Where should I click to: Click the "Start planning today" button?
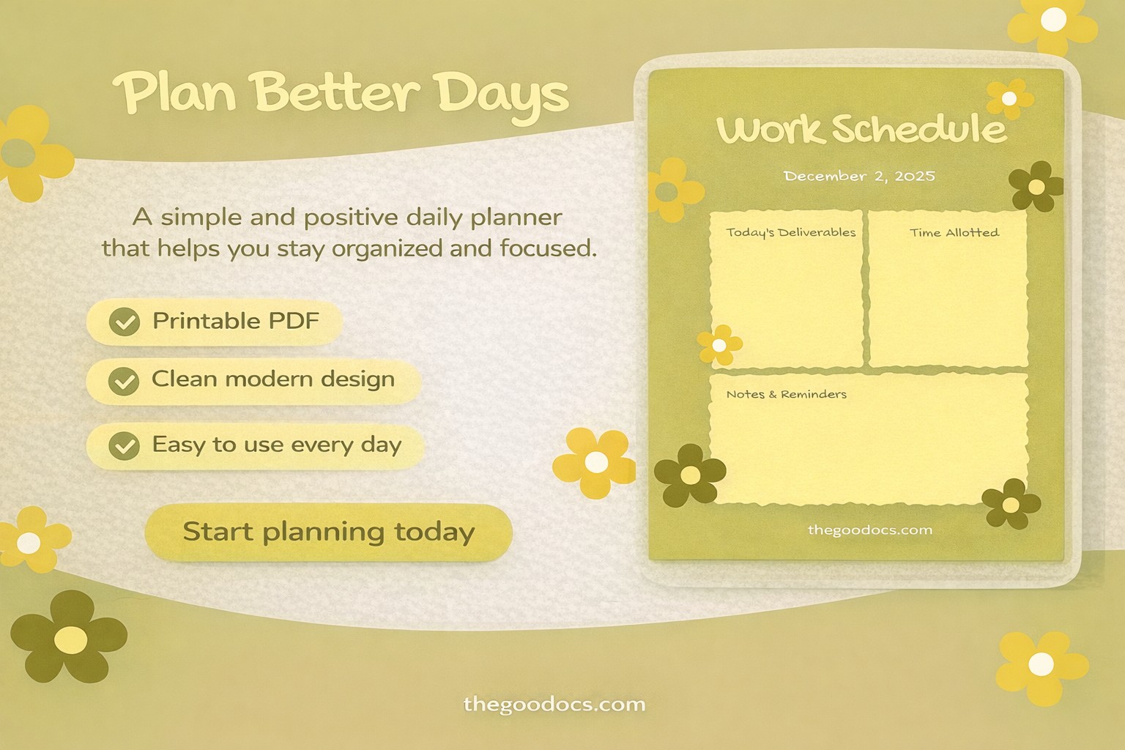328,532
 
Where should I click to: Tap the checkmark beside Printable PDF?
125,322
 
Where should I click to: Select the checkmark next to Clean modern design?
124,381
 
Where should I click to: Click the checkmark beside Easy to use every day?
124,445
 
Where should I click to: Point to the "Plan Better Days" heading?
341,94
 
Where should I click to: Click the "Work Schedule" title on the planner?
861,130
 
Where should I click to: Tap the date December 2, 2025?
859,176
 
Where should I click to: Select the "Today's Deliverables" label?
790,232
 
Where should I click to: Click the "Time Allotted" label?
954,232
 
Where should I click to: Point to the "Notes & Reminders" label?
786,394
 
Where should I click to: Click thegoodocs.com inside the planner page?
869,530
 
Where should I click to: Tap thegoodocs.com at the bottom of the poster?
554,705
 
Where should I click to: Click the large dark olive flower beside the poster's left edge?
69,638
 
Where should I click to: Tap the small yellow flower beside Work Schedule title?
1009,98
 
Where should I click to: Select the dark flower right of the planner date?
1036,187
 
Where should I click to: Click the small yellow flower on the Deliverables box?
719,345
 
